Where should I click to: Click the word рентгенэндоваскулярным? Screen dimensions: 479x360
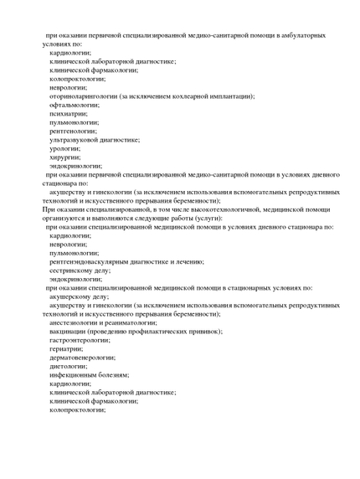(90, 261)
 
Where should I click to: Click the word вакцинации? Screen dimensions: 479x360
(70, 331)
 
